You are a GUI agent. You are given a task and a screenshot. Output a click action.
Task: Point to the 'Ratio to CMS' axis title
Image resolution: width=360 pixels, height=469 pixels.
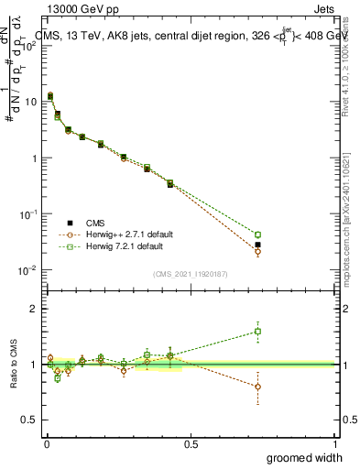[x=13, y=365]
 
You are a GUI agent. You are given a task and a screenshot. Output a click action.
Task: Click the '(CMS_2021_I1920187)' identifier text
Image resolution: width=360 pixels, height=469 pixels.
[x=191, y=272]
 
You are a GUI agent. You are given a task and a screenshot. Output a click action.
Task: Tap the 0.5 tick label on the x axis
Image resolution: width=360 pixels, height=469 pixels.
[x=191, y=442]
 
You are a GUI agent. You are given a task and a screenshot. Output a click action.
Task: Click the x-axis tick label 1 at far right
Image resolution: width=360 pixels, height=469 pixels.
[x=334, y=442]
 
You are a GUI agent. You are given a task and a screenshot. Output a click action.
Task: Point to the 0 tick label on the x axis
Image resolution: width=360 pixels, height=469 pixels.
[x=47, y=442]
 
